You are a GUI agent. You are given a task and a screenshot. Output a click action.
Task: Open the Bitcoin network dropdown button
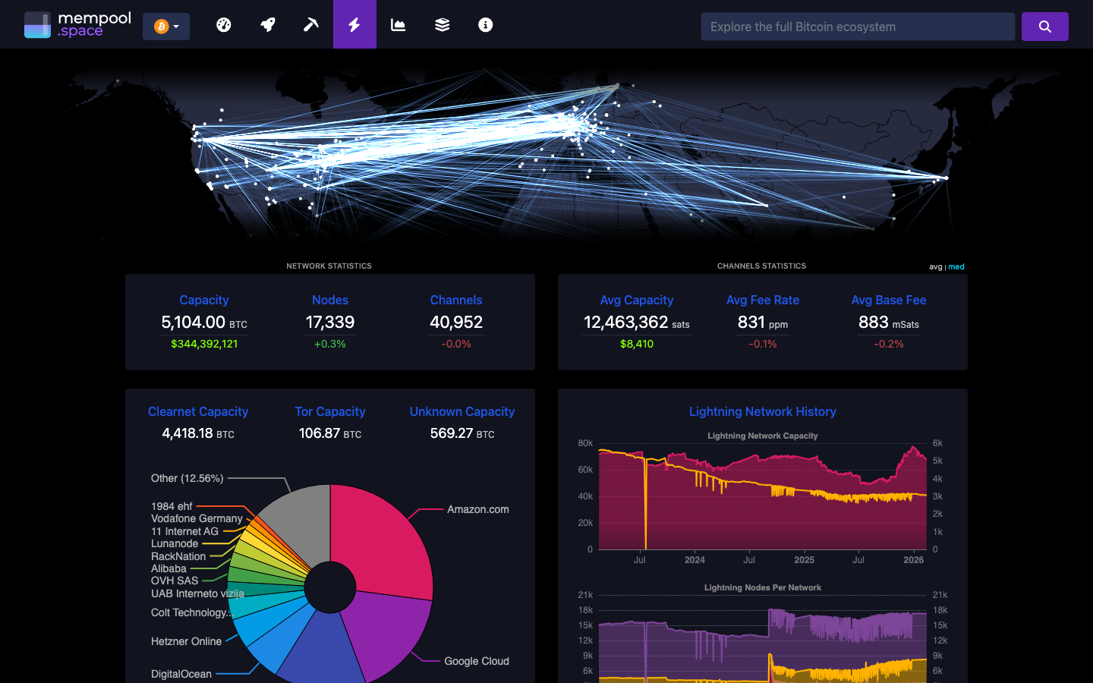point(166,27)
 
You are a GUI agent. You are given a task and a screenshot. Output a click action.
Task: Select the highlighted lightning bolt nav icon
point(354,25)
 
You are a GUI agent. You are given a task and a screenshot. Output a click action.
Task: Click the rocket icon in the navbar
point(268,25)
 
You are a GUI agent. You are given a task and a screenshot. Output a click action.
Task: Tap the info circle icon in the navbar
point(486,25)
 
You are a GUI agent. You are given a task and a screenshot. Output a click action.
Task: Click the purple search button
point(1044,27)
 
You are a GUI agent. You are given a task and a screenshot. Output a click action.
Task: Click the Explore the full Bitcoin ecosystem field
point(858,27)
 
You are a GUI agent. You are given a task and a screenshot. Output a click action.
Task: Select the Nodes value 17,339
point(330,323)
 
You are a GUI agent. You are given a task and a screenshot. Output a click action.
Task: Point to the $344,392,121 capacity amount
point(204,344)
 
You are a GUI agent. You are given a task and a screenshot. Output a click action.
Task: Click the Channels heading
point(456,300)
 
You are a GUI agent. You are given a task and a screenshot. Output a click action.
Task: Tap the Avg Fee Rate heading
point(763,300)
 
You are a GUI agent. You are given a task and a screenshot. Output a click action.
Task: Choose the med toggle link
point(956,266)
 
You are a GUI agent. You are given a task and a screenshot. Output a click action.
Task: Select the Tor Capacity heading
point(330,411)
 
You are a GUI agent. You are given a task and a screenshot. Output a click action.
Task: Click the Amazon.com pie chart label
point(477,509)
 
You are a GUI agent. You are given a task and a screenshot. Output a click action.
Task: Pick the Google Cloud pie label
point(476,661)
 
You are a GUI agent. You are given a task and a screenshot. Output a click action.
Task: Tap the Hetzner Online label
point(186,641)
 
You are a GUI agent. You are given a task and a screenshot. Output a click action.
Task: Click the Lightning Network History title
point(762,411)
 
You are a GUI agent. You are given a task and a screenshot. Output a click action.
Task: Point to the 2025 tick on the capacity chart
point(804,560)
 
